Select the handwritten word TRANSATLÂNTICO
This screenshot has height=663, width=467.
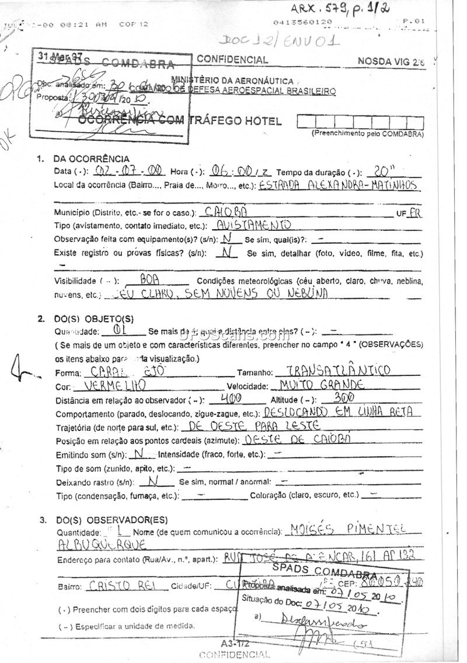(332, 371)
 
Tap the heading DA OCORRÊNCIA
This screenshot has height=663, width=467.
(91, 158)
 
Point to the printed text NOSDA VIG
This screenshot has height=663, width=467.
(384, 61)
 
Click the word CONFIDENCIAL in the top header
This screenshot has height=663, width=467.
(232, 59)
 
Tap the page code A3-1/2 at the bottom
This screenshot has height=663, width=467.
(234, 644)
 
